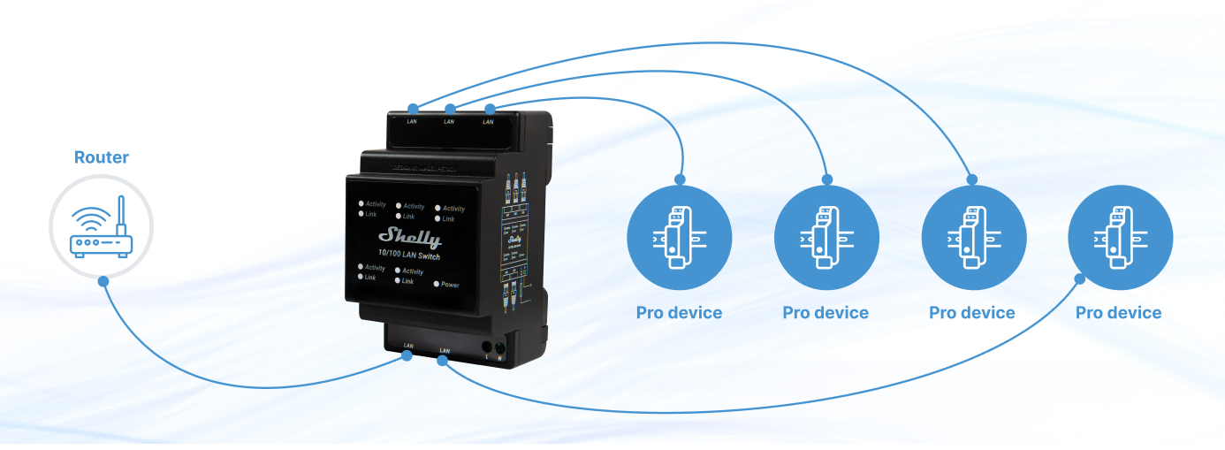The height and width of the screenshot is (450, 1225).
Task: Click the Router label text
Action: tap(101, 157)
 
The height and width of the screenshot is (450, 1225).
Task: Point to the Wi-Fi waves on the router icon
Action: tap(91, 217)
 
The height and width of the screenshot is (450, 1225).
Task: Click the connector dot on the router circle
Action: tap(103, 281)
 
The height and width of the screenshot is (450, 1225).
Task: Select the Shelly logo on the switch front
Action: tap(409, 236)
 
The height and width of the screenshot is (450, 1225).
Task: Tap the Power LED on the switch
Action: tap(437, 285)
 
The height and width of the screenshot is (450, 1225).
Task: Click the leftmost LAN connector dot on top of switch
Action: tap(413, 108)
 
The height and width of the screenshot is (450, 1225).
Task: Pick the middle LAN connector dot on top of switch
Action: tap(450, 108)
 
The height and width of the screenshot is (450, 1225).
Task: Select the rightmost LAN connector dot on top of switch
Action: tap(489, 108)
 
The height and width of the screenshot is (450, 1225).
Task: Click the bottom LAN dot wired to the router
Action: tap(407, 356)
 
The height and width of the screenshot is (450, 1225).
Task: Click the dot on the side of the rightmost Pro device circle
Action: tap(1079, 278)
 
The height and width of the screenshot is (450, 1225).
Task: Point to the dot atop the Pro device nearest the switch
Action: tap(679, 179)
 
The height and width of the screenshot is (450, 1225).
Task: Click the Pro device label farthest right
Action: tap(1118, 313)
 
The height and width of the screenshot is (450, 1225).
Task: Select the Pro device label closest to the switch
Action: tap(679, 313)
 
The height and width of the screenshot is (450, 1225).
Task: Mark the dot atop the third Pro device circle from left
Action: tap(972, 179)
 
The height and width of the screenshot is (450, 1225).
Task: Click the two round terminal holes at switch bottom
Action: tap(493, 347)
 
